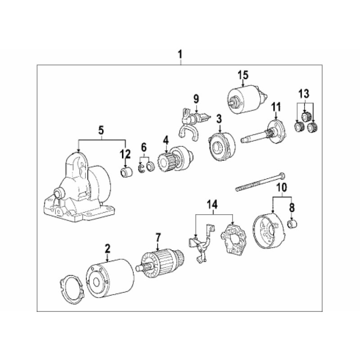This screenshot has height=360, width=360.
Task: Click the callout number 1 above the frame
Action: pos(180,54)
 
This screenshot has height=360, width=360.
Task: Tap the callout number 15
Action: pos(243,75)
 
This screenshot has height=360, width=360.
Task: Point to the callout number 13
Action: pos(304,94)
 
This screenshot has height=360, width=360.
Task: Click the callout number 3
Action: pos(219,119)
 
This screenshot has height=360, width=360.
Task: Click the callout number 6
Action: pos(144,148)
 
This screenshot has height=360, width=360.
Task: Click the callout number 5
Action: pos(101,130)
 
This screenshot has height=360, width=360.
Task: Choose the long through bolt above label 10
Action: pos(261,182)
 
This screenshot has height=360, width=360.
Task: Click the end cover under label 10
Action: pos(269,231)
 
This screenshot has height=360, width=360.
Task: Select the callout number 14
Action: pos(212,204)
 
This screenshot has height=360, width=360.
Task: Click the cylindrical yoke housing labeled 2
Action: pos(110,279)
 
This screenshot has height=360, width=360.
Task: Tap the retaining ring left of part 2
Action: pos(72,289)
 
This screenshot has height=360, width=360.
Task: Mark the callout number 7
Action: pos(158,238)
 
